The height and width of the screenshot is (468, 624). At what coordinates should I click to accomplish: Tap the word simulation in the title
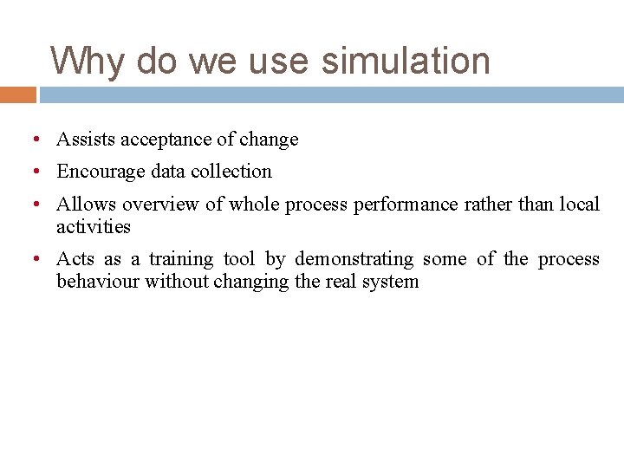pos(406,62)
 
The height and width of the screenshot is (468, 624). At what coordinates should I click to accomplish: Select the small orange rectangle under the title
pos(17,94)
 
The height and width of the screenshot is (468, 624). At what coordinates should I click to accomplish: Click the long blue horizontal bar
pos(331,94)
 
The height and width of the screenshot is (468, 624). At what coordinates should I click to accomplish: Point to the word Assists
pos(86,140)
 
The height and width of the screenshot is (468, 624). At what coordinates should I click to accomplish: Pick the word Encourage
pos(101,172)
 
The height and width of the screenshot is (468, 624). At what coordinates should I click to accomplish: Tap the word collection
pos(231,172)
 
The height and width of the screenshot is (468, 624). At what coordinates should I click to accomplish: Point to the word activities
pos(94,227)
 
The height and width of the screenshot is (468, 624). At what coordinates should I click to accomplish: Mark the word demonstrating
pos(354,259)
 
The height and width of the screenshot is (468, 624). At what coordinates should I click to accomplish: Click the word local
pos(580,205)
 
